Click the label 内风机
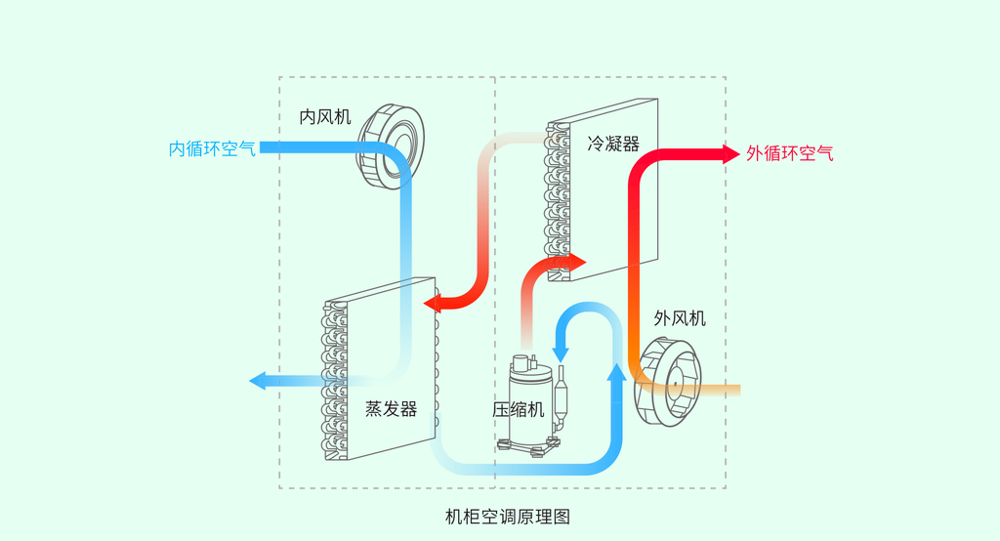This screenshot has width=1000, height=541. point(324,117)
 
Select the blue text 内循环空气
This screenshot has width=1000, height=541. point(212,149)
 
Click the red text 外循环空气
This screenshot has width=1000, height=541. point(790,153)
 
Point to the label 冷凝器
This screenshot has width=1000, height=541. point(613,145)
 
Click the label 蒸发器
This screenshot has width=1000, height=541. point(391,408)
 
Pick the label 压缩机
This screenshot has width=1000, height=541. point(518,409)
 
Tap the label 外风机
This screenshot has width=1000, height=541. point(680,318)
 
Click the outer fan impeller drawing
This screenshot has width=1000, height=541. point(668,382)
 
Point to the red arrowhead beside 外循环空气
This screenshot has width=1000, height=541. point(729,153)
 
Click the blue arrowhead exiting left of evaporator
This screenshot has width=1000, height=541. point(258,381)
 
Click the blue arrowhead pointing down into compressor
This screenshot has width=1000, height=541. point(562,350)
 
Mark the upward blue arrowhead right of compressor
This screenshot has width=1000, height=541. point(616,372)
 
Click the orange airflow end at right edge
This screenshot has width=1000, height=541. point(734,391)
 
